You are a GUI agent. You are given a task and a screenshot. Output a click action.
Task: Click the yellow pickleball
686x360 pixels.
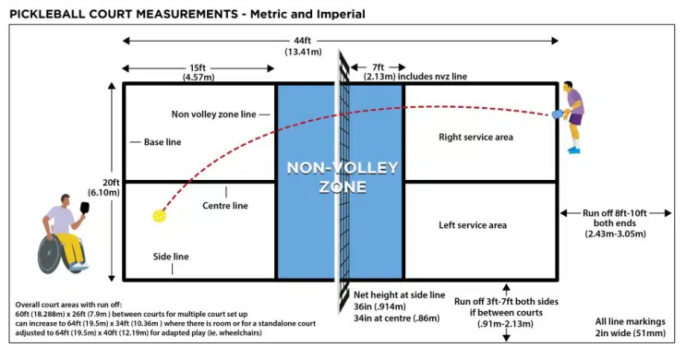tap(159, 216)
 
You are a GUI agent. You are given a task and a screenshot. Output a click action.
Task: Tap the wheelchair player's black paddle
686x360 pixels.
tap(84, 208)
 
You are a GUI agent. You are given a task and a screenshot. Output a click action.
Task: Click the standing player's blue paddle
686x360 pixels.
tap(557, 114)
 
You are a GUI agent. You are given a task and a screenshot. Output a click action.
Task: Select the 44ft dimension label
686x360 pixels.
tap(302, 41)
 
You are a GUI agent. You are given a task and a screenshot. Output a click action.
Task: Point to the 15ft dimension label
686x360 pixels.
tap(198, 67)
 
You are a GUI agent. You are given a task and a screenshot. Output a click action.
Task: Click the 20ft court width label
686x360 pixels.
tap(111, 183)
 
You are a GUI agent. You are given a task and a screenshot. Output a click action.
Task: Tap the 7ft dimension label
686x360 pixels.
tap(378, 67)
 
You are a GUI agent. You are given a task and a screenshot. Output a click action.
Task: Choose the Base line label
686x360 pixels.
tap(162, 142)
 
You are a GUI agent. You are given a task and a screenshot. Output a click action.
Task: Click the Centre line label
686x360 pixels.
tap(225, 206)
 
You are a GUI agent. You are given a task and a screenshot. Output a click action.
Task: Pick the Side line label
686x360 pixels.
tap(171, 257)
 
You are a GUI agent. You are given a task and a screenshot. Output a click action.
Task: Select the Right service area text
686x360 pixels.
tap(475, 137)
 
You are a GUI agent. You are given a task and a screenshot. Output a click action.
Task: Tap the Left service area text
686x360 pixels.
tap(473, 225)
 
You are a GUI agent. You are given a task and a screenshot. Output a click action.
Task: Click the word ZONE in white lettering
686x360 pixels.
tap(343, 186)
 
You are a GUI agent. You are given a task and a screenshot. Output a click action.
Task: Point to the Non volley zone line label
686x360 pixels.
tap(213, 114)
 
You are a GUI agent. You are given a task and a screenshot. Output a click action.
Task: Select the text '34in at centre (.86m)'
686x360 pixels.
tap(396, 318)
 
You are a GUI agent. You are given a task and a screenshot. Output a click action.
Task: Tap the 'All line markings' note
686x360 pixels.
tap(630, 321)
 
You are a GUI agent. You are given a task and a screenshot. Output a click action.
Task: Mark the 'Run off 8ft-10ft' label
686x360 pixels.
tap(614, 213)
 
